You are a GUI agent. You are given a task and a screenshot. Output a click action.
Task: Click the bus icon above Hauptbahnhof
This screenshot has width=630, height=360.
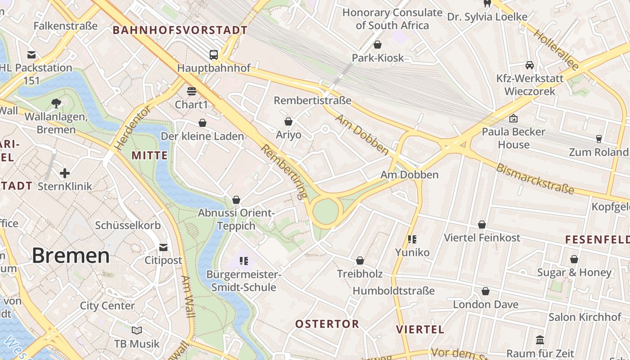click(214, 55)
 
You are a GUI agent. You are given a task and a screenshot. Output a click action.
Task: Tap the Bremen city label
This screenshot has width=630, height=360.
click(71, 256)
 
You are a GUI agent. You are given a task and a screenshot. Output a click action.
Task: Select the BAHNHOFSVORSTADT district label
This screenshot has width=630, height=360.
click(180, 30)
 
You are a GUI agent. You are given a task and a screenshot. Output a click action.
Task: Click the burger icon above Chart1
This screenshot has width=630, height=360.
click(192, 91)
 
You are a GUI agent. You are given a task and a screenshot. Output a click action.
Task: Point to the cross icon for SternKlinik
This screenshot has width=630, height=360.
click(65, 173)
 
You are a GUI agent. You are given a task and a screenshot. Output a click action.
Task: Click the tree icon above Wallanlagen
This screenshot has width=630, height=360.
click(56, 103)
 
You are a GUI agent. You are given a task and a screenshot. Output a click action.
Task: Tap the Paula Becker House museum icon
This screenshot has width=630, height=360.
click(513, 118)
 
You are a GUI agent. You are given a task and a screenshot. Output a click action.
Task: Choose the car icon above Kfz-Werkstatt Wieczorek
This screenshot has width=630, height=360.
click(530, 65)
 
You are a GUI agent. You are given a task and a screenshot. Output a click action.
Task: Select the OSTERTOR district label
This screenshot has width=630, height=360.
click(327, 324)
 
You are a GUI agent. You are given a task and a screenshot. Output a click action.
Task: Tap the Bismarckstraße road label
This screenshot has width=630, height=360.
click(535, 179)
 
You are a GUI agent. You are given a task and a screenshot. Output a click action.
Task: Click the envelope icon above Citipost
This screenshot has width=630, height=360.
click(163, 247)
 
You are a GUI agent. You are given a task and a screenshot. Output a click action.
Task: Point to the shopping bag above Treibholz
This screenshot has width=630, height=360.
click(360, 261)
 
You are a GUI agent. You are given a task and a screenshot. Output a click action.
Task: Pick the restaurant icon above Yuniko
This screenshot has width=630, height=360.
click(412, 239)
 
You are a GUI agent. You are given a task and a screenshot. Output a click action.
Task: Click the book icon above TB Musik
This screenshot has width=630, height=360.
click(137, 331)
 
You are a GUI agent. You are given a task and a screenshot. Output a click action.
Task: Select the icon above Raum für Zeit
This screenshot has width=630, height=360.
click(540, 340)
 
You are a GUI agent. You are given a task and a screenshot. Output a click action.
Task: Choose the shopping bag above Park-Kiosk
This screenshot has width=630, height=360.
click(378, 45)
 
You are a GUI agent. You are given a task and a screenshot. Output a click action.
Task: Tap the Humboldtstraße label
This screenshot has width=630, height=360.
click(394, 291)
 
